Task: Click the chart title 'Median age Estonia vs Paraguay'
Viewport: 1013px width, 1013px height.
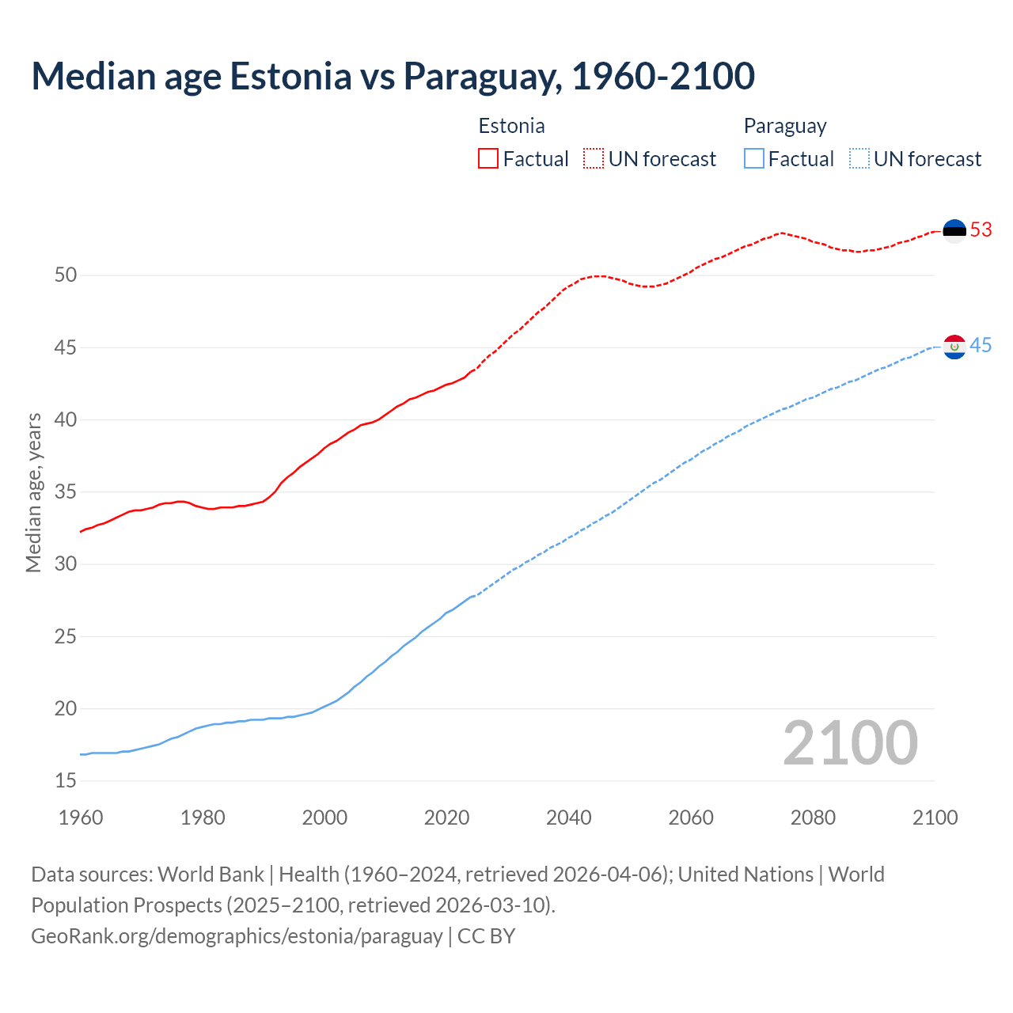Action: [x=393, y=77]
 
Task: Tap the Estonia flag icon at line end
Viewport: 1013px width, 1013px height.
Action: [x=954, y=230]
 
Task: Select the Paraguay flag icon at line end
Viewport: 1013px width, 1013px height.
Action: [x=954, y=347]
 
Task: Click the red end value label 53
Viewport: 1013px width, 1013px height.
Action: [x=981, y=230]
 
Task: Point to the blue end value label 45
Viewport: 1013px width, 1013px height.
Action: [x=981, y=346]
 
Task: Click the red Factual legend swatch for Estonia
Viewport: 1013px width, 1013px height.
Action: [x=488, y=159]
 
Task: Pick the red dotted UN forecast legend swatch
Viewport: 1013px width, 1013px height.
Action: [x=594, y=159]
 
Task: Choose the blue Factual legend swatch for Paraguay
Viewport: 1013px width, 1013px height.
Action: [x=754, y=159]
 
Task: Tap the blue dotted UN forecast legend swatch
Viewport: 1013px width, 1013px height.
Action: [x=859, y=159]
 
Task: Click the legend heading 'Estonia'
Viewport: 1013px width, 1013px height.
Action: [x=511, y=126]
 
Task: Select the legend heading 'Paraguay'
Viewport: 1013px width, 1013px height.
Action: [x=784, y=127]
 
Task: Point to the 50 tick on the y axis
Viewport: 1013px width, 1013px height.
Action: [x=66, y=275]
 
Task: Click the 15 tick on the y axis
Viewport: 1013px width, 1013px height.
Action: [x=66, y=781]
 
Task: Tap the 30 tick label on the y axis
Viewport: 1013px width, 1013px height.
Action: [x=66, y=564]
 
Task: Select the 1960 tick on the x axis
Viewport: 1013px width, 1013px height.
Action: [x=81, y=818]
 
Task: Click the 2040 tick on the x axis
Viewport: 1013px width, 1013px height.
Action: [x=569, y=818]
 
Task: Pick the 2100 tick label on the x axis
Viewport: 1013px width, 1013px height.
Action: [x=935, y=818]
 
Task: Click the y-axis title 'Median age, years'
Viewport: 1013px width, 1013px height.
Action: [x=33, y=492]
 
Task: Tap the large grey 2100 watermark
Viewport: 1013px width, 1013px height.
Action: [x=850, y=743]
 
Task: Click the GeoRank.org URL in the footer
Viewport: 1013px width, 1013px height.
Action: [x=237, y=936]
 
